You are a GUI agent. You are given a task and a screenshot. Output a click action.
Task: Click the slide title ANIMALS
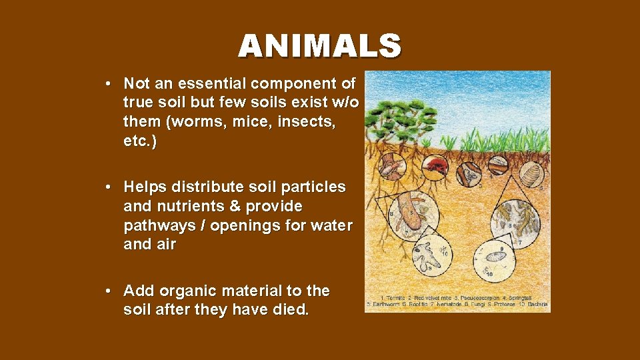tap(320, 46)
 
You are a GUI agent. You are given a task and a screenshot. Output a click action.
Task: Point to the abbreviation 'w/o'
tap(345, 103)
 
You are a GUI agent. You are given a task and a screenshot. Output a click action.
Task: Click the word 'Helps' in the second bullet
tap(145, 187)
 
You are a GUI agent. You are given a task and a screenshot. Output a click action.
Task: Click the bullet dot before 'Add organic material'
tap(107, 291)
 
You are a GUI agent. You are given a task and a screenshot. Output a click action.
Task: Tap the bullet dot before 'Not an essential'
tap(107, 84)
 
